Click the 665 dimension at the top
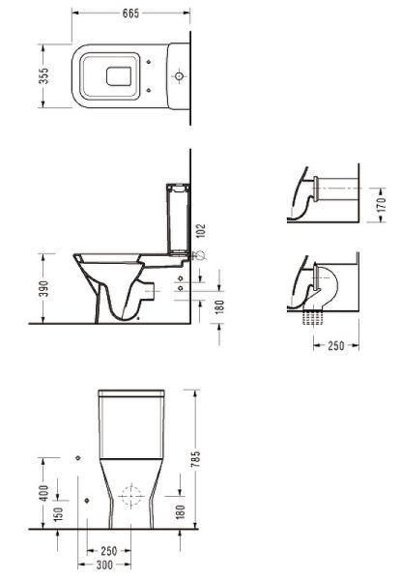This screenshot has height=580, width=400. tap(130, 14)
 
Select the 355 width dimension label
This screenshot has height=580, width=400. tap(43, 75)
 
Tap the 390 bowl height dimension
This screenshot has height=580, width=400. tap(43, 288)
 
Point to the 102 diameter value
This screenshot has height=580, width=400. tap(202, 230)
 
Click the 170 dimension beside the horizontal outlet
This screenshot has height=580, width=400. tap(381, 205)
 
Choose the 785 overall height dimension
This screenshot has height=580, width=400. tap(195, 458)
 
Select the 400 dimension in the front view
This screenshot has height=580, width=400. tap(43, 493)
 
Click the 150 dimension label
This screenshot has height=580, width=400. tap(58, 514)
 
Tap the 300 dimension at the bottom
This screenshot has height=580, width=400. tap(104, 565)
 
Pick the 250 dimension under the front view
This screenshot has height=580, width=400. tap(108, 551)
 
